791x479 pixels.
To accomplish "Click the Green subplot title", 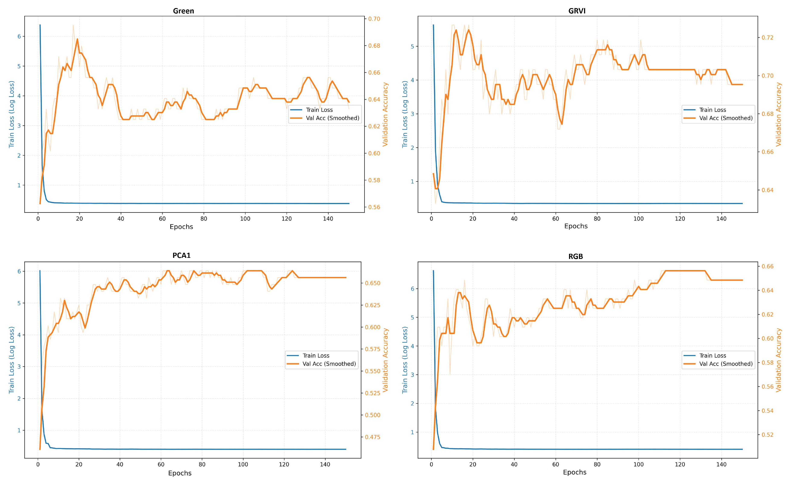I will [x=183, y=11].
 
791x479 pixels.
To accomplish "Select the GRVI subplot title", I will [x=577, y=11].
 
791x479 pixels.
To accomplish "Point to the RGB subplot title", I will [x=576, y=256].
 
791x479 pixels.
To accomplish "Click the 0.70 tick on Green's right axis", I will [x=374, y=19].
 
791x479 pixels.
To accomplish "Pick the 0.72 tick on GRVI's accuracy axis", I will [x=768, y=38].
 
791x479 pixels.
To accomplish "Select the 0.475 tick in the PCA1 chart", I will [x=372, y=437].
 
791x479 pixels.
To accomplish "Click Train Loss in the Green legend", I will [x=319, y=110].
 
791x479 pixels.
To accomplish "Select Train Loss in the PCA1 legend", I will [x=316, y=355].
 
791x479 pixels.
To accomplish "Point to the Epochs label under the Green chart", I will [x=181, y=227].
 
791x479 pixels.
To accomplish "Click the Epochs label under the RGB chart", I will [x=575, y=472].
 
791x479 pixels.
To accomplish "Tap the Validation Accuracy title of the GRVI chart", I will [x=778, y=114].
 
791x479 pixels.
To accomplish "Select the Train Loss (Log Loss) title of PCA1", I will [x=12, y=360].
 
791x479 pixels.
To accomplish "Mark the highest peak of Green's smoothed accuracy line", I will [x=77, y=39].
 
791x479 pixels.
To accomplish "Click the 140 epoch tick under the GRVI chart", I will [x=721, y=219].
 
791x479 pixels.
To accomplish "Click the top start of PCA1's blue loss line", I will [x=40, y=270].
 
